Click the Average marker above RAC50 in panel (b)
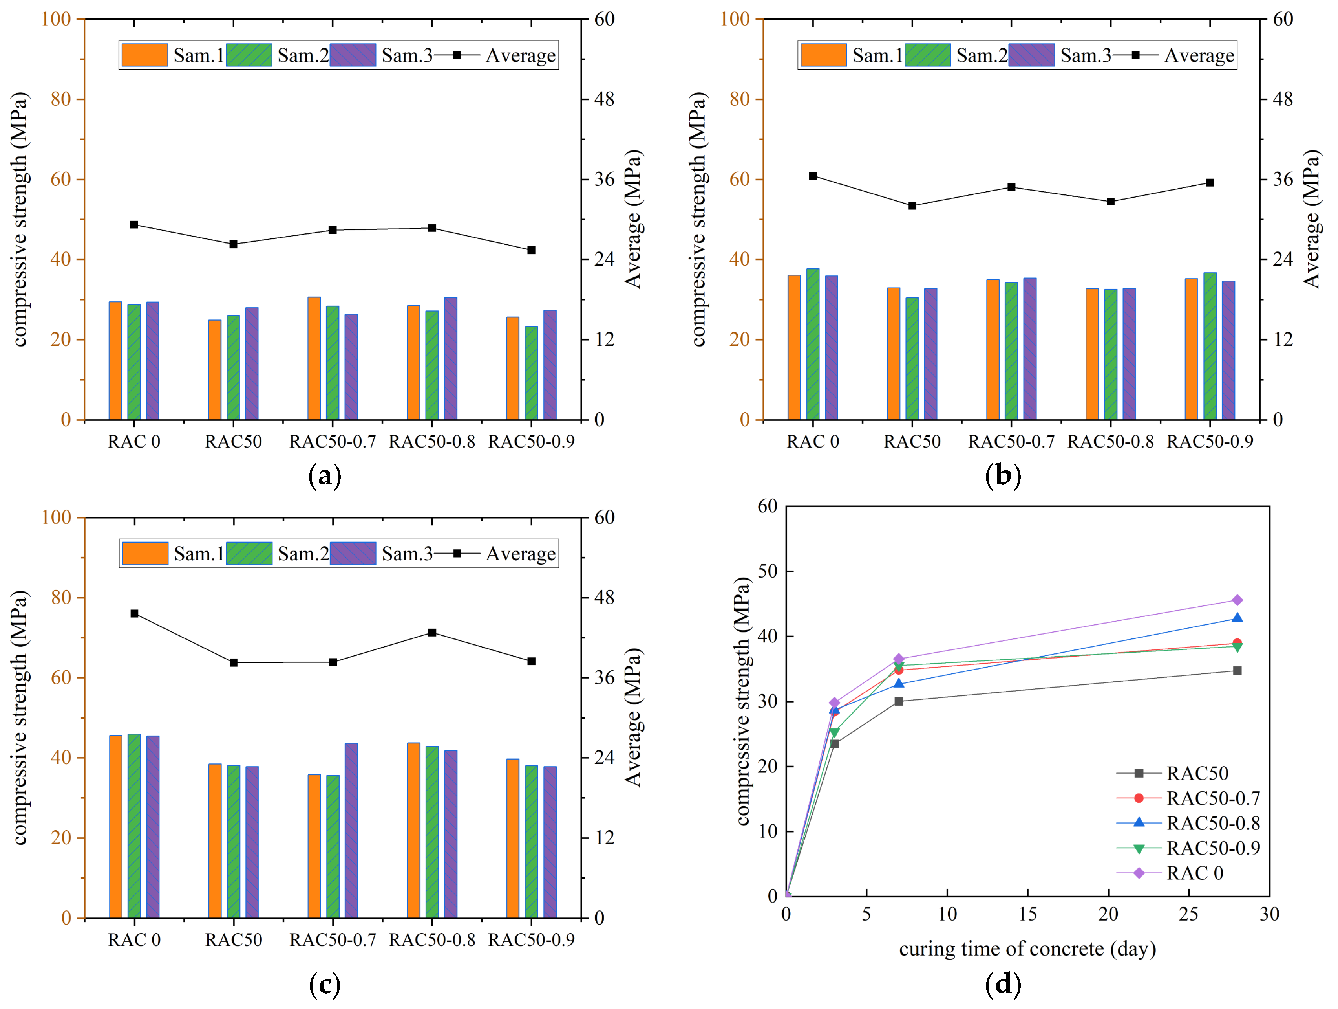point(912,206)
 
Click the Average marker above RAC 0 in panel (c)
point(134,614)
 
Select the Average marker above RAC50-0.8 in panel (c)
point(432,633)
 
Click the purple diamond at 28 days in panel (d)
point(1237,600)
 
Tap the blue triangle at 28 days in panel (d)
point(1237,618)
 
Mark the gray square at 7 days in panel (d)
point(899,701)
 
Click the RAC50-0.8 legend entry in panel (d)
point(1213,823)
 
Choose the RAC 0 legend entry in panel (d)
point(1195,873)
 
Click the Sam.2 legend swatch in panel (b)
point(927,55)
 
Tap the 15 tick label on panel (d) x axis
point(1028,914)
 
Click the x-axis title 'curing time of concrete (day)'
point(1027,948)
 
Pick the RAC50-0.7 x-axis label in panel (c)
point(333,940)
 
